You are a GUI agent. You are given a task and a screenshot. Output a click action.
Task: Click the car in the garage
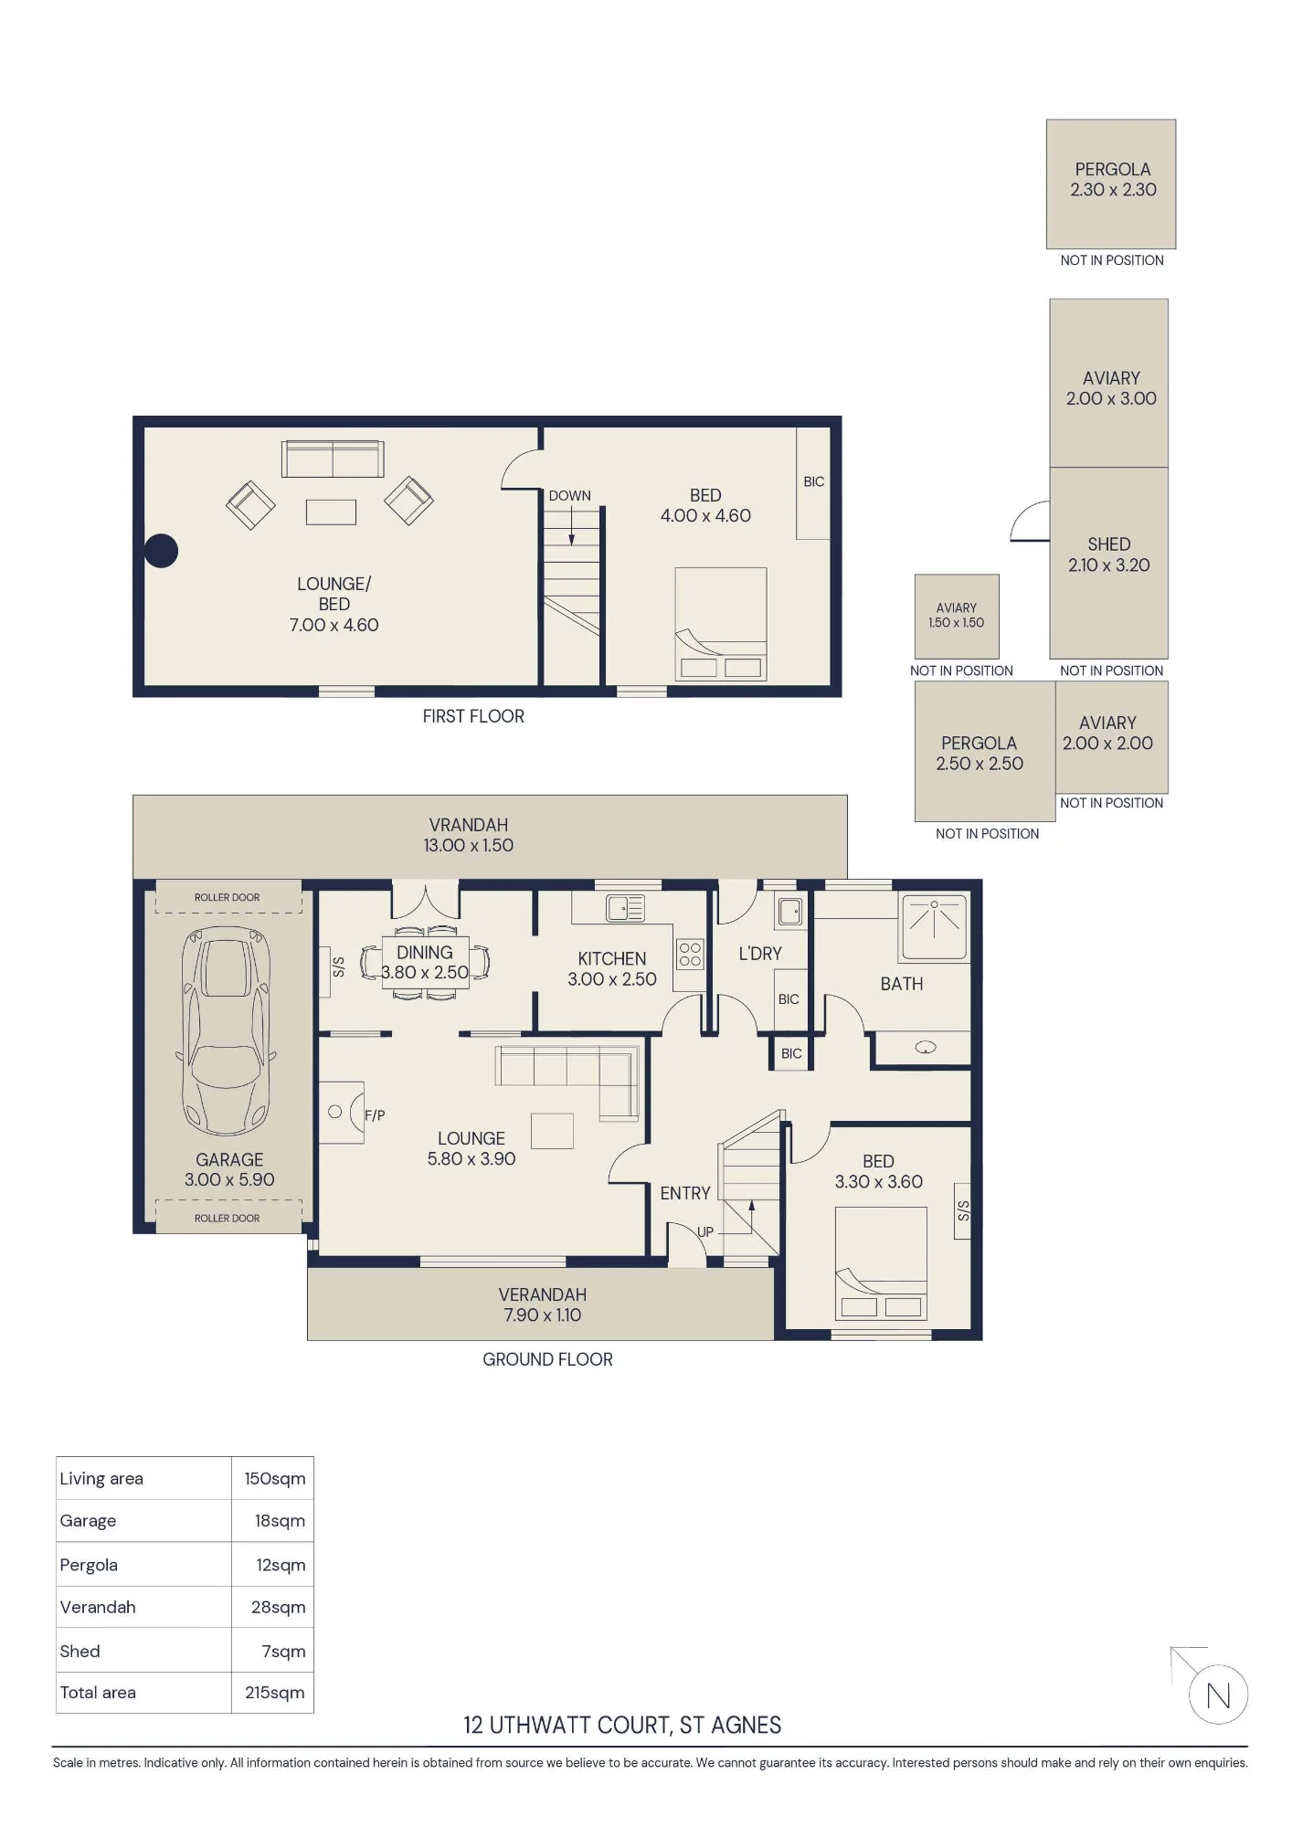pyautogui.click(x=227, y=1030)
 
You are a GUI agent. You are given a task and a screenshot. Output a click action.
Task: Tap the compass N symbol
pyautogui.click(x=1218, y=1696)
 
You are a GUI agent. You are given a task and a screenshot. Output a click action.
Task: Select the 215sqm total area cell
pyautogui.click(x=274, y=1693)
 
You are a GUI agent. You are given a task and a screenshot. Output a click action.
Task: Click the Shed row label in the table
pyautogui.click(x=80, y=1651)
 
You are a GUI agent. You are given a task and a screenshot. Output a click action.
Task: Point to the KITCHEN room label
pyautogui.click(x=612, y=958)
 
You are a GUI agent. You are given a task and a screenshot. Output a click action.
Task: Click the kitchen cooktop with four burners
pyautogui.click(x=690, y=955)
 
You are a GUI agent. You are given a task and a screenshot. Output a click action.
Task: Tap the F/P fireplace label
pyautogui.click(x=375, y=1115)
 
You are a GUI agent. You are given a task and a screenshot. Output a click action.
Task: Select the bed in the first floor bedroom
pyautogui.click(x=721, y=624)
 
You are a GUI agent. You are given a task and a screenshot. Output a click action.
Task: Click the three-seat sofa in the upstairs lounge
pyautogui.click(x=333, y=459)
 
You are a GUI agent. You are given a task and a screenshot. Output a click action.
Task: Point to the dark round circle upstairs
pyautogui.click(x=161, y=551)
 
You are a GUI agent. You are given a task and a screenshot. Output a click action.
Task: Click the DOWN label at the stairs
pyautogui.click(x=570, y=496)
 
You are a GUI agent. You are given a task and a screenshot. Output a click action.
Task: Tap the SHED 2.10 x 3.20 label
pyautogui.click(x=1109, y=554)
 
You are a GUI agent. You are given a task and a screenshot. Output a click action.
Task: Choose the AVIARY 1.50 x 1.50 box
pyautogui.click(x=957, y=617)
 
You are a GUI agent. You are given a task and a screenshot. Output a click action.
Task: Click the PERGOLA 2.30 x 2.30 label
pyautogui.click(x=1113, y=179)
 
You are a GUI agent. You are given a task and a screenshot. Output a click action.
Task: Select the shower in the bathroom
pyautogui.click(x=934, y=927)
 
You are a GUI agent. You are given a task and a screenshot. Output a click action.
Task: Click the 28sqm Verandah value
pyautogui.click(x=279, y=1607)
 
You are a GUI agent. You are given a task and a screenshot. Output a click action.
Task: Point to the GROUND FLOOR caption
pyautogui.click(x=547, y=1359)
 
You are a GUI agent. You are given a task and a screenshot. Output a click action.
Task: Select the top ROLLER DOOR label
pyautogui.click(x=227, y=897)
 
